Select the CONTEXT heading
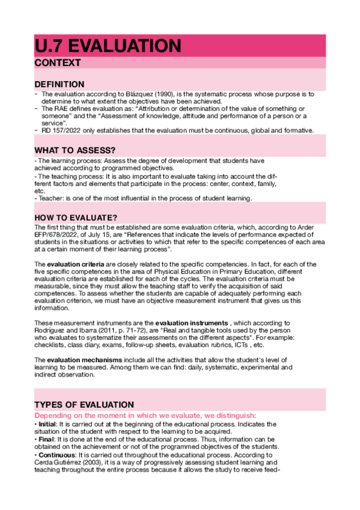(57, 63)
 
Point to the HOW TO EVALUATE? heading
(76, 217)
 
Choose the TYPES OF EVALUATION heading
(84, 404)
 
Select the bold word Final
(46, 440)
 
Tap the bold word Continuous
(57, 455)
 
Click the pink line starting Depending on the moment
(144, 416)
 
